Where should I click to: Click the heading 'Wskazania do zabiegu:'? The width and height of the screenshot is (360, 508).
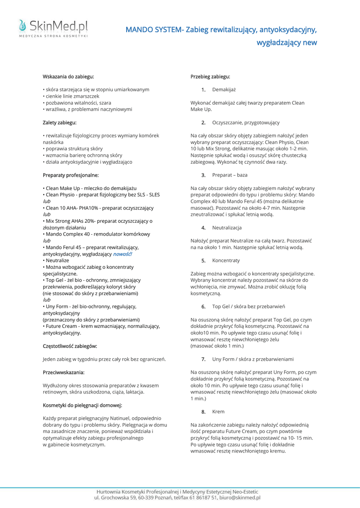[x=68, y=77]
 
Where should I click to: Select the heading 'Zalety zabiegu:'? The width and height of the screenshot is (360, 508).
[x=60, y=122]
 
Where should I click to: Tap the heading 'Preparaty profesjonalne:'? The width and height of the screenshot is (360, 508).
[x=71, y=175]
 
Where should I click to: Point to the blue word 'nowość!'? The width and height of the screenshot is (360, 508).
[x=123, y=254]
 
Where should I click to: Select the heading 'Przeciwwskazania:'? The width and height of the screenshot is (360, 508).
[x=64, y=372]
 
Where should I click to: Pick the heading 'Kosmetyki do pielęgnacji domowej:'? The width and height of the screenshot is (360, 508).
[x=82, y=405]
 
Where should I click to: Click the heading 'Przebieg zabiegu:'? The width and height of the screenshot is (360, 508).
[x=210, y=77]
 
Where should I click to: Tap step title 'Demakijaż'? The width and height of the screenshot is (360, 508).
[x=224, y=90]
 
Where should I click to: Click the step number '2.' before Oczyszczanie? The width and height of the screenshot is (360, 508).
[x=204, y=123]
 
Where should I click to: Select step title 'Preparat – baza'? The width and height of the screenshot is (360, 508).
[x=229, y=175]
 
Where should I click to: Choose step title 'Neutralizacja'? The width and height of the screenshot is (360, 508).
[x=227, y=228]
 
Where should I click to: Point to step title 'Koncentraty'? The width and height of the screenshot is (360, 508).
[x=226, y=260]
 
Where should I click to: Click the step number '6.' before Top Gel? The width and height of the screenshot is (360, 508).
[x=204, y=307]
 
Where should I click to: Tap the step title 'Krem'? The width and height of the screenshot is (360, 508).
[x=218, y=412]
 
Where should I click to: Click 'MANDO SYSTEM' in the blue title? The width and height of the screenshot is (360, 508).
[x=153, y=30]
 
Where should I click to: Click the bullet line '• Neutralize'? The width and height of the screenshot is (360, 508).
[x=57, y=260]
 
